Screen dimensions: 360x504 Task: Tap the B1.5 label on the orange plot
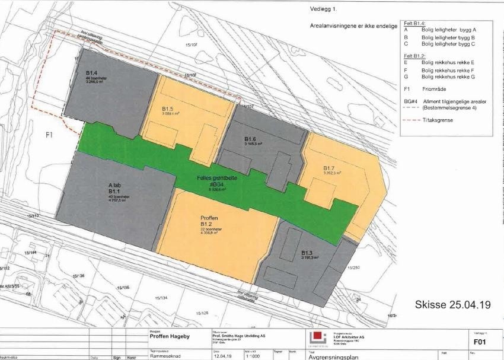[x=167, y=109]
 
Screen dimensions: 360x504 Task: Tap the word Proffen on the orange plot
[x=210, y=218]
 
